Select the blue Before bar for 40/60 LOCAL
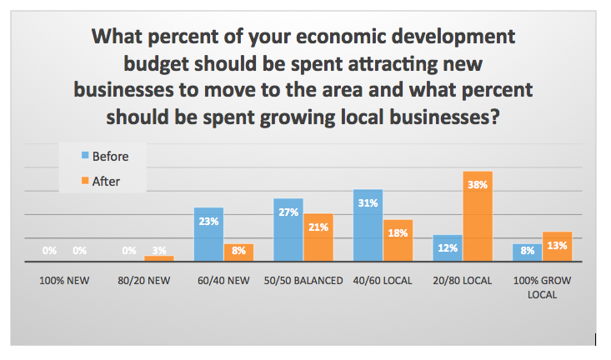[x=368, y=226]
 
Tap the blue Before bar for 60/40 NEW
[x=208, y=234]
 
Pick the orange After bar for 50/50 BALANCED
[x=318, y=237]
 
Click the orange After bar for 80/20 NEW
[x=158, y=258]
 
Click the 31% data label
[x=368, y=202]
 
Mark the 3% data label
[x=158, y=250]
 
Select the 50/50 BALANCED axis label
[x=304, y=281]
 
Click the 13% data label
[x=558, y=245]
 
